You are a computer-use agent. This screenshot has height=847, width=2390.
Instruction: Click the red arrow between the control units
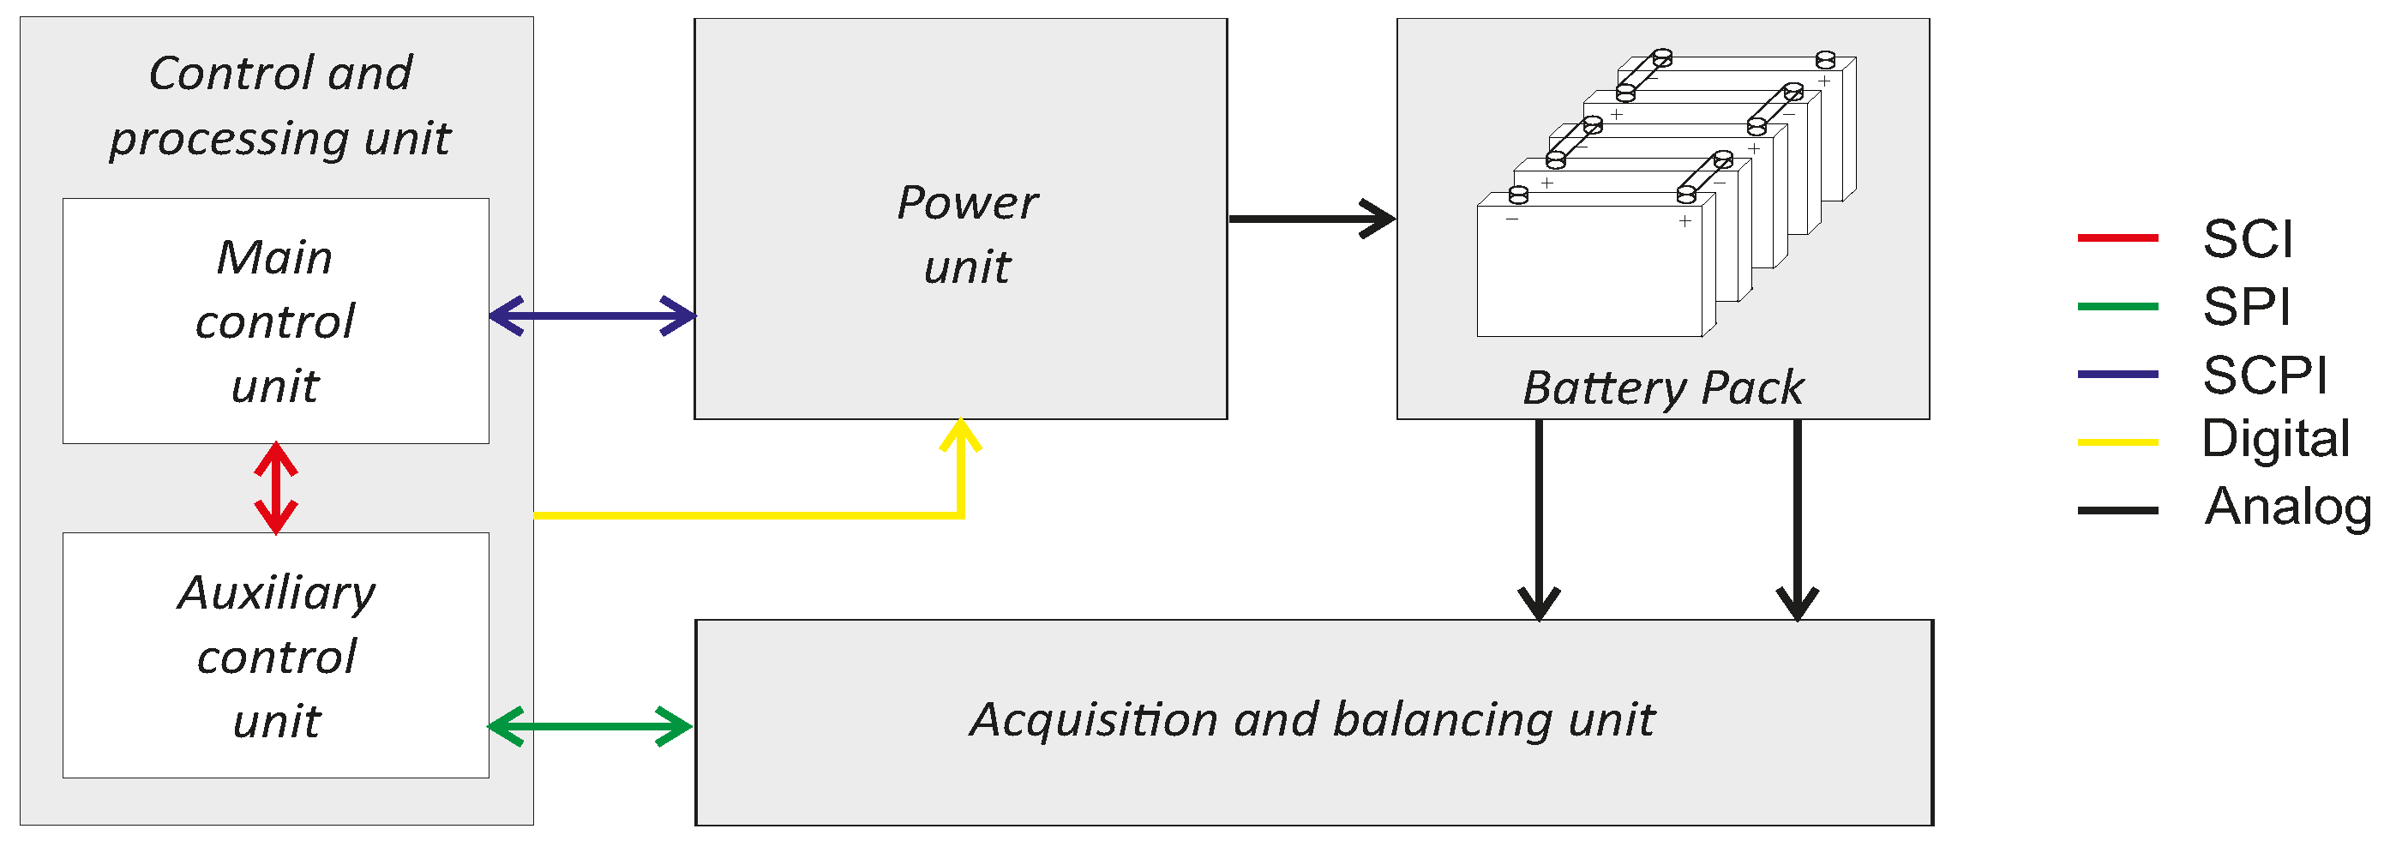pos(275,488)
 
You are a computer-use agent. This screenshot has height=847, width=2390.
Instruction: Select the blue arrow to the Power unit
pos(592,315)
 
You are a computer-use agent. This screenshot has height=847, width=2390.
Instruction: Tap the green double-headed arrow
pos(590,726)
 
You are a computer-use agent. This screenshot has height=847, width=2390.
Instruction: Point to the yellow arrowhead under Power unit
pos(960,436)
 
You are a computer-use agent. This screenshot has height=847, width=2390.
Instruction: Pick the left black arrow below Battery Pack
pos(1540,520)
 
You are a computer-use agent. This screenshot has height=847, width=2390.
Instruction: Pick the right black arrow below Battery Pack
pos(1797,520)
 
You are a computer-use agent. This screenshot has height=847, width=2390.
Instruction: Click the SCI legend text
pos(2247,239)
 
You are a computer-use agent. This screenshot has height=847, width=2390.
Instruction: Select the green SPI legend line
pos(2117,306)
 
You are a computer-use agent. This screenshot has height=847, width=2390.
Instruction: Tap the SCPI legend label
pos(2265,375)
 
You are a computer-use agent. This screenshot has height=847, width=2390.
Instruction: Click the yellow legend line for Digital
pos(2117,442)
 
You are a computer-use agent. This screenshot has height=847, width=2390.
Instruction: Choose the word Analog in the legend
pos(2287,508)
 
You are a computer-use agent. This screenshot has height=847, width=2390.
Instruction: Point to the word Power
pos(967,203)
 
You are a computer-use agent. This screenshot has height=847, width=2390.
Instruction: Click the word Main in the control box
pos(274,257)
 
